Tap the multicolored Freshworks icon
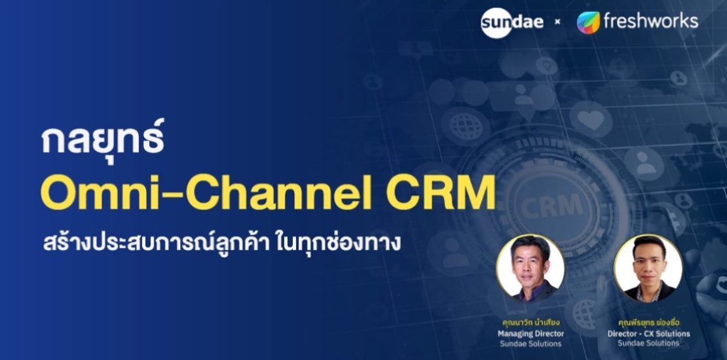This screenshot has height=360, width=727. click(588, 22)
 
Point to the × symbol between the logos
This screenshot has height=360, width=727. click(557, 22)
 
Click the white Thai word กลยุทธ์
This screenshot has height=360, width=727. click(102, 139)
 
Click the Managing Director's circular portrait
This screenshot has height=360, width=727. click(530, 268)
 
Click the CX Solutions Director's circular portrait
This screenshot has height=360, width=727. click(648, 268)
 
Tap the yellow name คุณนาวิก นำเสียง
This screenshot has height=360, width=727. click(530, 322)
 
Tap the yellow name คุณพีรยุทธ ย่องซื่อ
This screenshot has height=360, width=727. click(648, 322)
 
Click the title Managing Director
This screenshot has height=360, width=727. click(530, 333)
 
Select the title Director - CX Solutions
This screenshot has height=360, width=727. click(648, 333)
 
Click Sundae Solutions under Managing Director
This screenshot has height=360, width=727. click(530, 343)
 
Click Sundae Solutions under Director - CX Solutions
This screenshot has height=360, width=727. click(648, 343)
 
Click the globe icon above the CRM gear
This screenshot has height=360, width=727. click(466, 124)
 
